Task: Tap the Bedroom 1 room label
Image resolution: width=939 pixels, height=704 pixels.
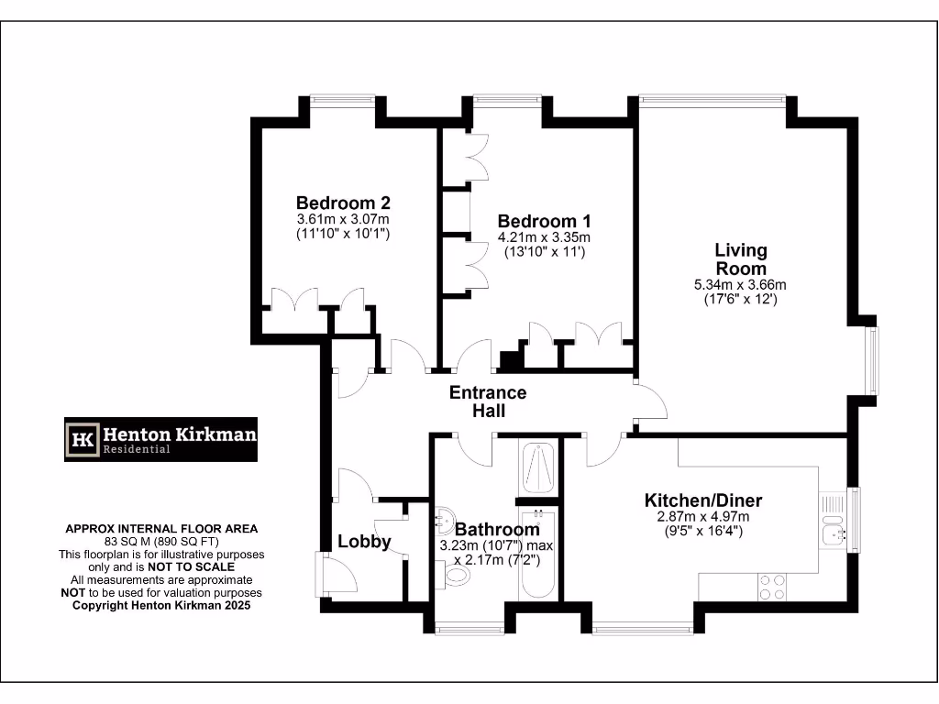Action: tap(544, 221)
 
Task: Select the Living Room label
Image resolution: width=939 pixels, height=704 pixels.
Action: tap(741, 259)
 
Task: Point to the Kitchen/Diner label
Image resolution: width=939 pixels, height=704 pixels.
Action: tap(703, 500)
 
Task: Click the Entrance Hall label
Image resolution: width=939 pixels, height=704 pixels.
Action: tap(488, 401)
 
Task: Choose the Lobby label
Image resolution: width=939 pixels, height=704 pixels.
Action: tap(364, 541)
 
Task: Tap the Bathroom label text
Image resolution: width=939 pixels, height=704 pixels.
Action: tap(497, 529)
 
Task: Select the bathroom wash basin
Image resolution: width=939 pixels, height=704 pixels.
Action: tap(446, 519)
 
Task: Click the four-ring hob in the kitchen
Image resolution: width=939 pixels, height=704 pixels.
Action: tap(771, 587)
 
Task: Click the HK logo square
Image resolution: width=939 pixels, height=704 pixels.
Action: tap(84, 439)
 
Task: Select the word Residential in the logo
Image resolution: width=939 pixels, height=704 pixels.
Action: tap(137, 449)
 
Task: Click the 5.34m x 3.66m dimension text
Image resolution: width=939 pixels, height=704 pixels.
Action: tap(741, 285)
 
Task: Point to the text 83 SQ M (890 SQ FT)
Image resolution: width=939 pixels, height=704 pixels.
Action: tap(160, 541)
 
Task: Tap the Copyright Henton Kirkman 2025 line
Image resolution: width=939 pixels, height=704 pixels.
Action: tap(160, 605)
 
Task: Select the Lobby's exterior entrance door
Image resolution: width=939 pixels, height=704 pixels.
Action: tap(328, 575)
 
